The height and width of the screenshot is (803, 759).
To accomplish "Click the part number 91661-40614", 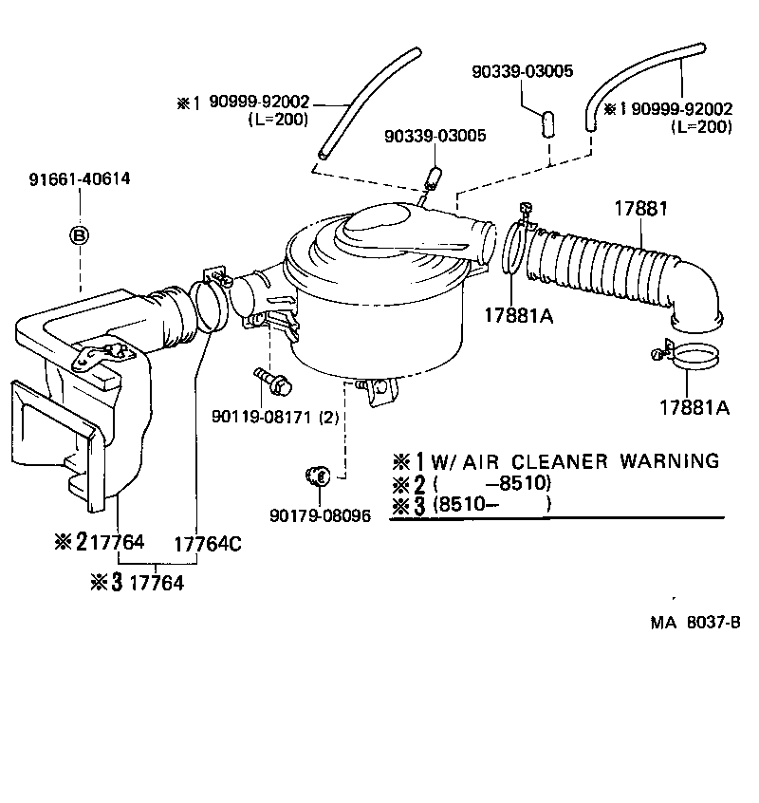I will click(x=80, y=178).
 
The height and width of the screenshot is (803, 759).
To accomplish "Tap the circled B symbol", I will click(x=80, y=234).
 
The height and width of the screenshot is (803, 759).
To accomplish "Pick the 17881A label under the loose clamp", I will click(x=694, y=407).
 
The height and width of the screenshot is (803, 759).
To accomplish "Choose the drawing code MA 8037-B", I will click(x=694, y=623).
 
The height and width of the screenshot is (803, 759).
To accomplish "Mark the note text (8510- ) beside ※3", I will click(x=491, y=505).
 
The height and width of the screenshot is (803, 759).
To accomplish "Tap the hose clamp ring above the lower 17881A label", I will click(x=694, y=356).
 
